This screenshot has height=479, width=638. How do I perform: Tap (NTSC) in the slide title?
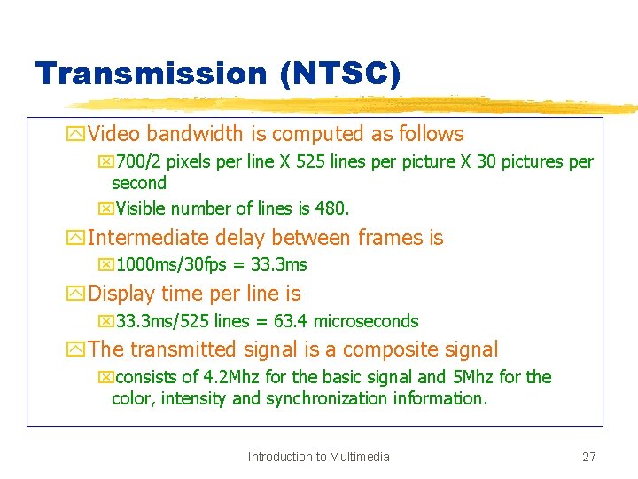(x=339, y=74)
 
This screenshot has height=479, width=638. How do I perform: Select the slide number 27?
(x=588, y=457)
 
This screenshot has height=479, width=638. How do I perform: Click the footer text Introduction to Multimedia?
(x=319, y=457)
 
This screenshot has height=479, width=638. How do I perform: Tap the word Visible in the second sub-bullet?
(x=139, y=209)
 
